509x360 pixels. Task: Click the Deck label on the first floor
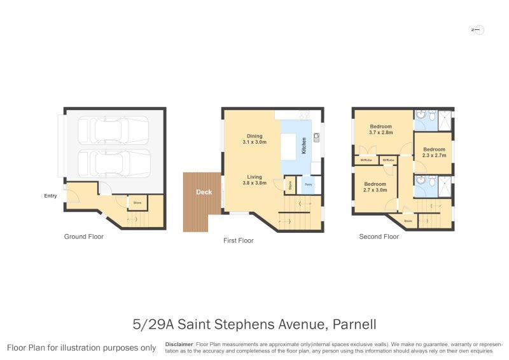204,191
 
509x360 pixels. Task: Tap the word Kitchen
304,146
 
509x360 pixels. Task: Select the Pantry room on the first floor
308,185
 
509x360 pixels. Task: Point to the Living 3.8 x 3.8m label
254,180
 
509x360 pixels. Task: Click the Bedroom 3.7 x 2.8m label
381,129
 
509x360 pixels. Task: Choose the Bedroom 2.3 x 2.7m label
434,152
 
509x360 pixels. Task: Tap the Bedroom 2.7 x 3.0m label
375,186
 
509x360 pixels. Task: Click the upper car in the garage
114,131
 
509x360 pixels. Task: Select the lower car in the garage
114,163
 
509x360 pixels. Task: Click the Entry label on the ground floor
50,196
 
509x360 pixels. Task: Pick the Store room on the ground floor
137,203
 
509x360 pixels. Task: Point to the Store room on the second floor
407,221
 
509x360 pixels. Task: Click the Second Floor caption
379,237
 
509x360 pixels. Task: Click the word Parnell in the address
354,324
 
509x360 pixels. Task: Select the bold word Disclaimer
179,344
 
